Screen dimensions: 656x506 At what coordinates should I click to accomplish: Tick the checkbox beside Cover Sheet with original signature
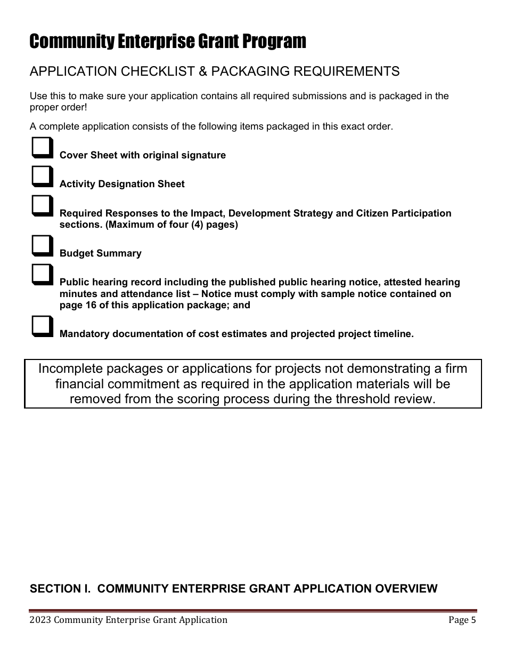tap(43, 148)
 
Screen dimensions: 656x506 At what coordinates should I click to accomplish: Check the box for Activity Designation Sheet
tap(43, 176)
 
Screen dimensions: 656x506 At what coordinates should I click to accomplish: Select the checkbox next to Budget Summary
tap(43, 246)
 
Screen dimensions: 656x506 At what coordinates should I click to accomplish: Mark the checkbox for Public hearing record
tap(43, 275)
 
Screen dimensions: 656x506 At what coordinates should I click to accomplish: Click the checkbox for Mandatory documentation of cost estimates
tap(43, 326)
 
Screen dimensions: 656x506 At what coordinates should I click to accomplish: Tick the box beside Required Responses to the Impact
tap(43, 205)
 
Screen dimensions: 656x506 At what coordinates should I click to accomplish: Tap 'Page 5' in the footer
tap(462, 620)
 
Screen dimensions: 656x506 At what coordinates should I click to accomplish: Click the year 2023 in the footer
tap(40, 620)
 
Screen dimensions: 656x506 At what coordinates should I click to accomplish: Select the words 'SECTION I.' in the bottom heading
tap(61, 588)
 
